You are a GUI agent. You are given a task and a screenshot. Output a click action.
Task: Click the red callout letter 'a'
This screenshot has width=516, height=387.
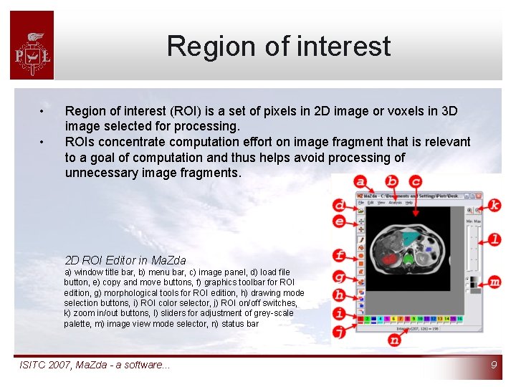360,181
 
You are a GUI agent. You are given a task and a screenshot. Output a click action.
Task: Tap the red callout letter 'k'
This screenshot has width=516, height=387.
494,205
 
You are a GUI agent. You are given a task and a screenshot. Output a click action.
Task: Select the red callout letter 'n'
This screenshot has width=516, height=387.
394,340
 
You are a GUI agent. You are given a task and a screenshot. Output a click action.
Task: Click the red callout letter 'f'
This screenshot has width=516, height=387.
340,255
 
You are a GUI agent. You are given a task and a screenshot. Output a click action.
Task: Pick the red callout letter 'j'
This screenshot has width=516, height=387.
340,330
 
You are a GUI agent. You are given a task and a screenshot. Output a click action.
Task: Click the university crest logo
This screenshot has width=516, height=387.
32,45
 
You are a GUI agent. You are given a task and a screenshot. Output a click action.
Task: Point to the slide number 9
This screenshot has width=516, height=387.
494,365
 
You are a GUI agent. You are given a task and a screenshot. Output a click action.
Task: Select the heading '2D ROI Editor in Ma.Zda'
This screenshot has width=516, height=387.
125,260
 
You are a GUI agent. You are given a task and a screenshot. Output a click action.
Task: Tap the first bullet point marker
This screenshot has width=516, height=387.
43,113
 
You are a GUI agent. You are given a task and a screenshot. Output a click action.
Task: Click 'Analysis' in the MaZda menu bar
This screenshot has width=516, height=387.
395,203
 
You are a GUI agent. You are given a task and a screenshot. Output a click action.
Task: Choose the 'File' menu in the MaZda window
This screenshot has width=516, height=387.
362,203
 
